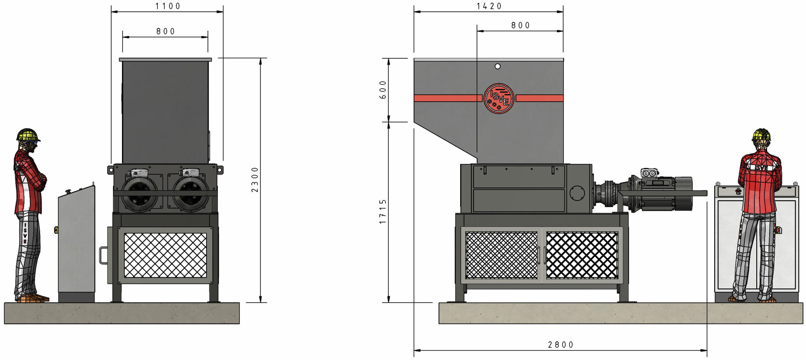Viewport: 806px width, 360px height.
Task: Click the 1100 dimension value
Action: click(168, 6)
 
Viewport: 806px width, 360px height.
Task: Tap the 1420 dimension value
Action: click(489, 6)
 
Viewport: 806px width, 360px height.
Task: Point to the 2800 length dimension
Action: click(561, 345)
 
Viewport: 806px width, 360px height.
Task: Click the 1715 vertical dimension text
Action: click(383, 212)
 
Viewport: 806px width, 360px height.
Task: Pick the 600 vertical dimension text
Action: click(383, 90)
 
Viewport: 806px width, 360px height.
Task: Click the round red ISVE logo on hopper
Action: click(499, 98)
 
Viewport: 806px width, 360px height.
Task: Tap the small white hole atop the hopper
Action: click(497, 66)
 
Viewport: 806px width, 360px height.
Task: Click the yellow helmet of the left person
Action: click(28, 134)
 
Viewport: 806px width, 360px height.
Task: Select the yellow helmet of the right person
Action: click(762, 134)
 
